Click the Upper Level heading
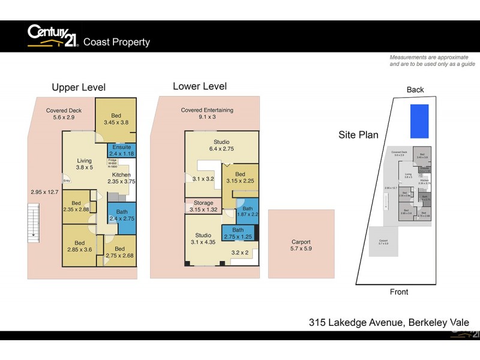[x=79, y=88]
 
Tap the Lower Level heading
[x=200, y=86]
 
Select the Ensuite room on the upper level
[x=122, y=150]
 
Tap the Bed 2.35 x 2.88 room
[x=76, y=206]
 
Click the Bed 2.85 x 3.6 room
[x=80, y=246]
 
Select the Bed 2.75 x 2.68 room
[x=119, y=252]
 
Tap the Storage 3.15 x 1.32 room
[x=203, y=206]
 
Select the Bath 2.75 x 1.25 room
[x=238, y=233]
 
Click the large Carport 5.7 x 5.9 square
[x=301, y=245]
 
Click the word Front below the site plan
[x=399, y=292]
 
